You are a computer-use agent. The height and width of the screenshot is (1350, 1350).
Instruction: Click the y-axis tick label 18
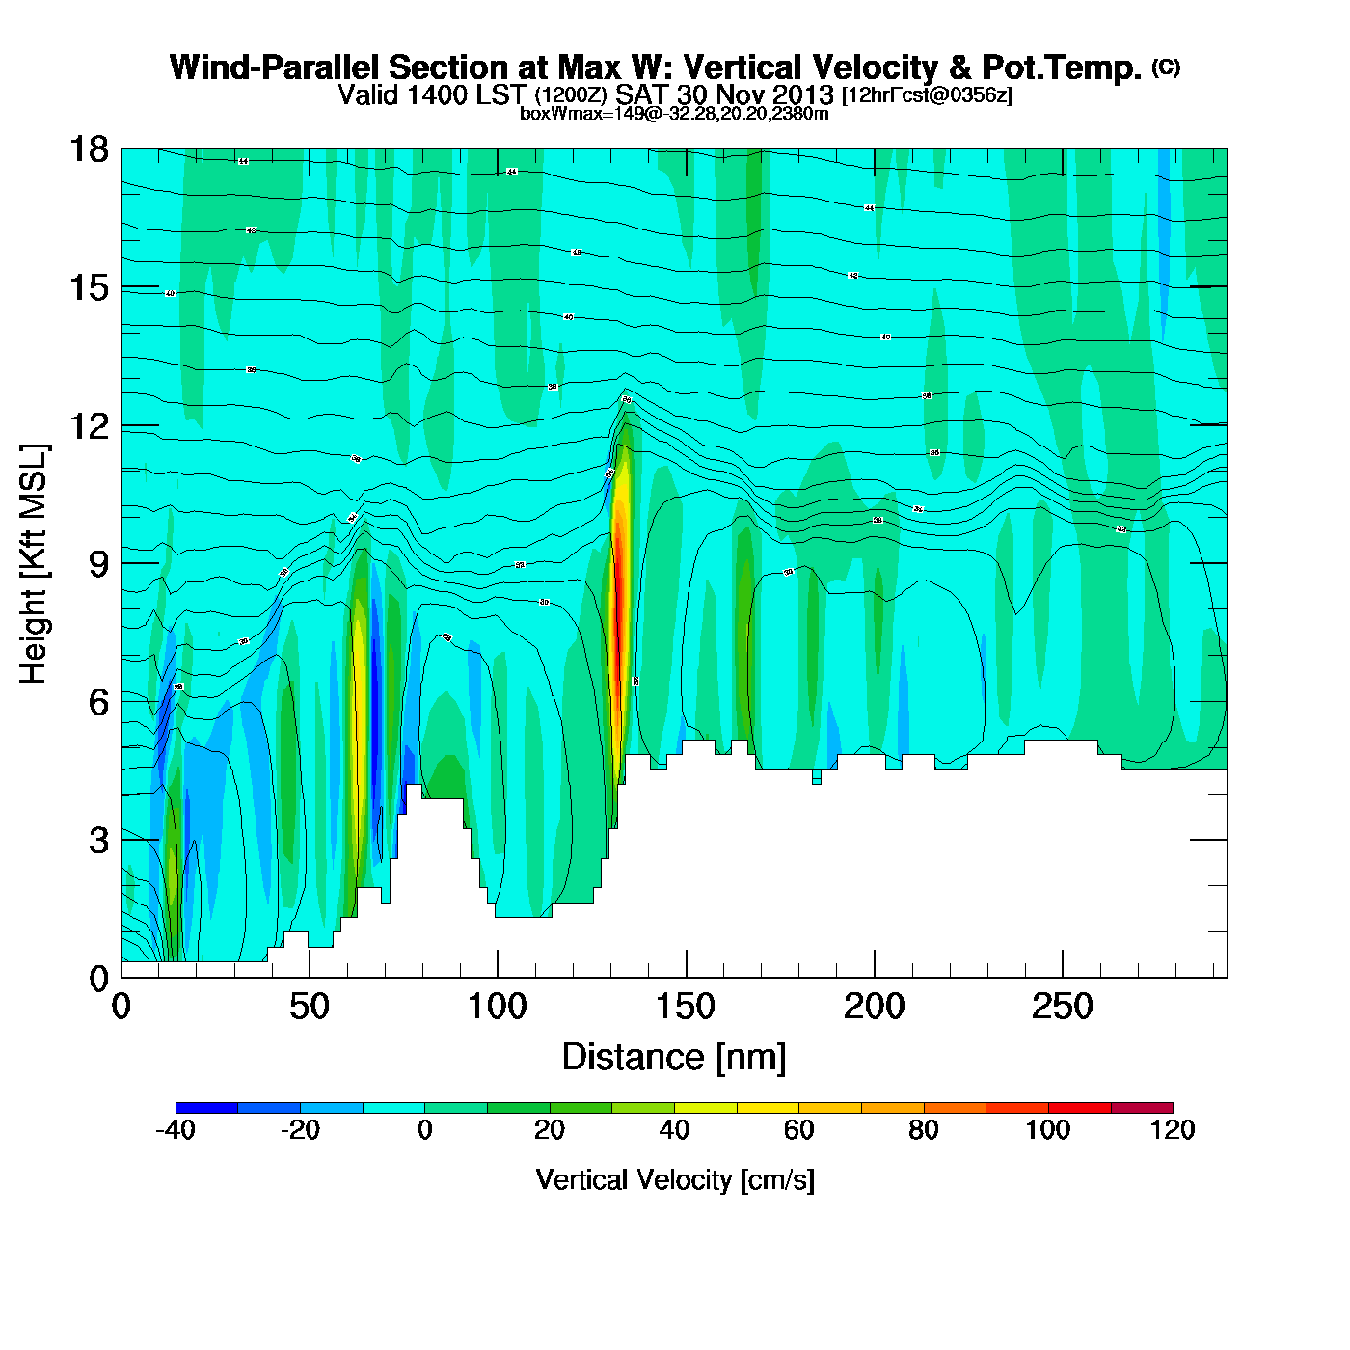point(88,149)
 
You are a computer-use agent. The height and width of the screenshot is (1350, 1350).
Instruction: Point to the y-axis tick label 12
point(88,425)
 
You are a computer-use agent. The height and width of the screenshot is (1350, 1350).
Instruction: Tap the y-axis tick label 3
point(98,840)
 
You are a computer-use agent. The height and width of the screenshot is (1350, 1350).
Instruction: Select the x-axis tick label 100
point(498,1008)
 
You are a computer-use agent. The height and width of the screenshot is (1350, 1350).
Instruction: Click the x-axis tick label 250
point(1062,1008)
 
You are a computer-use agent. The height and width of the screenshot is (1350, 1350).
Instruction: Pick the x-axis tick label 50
point(309,1008)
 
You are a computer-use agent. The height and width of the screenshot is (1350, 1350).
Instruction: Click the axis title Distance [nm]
point(674,1058)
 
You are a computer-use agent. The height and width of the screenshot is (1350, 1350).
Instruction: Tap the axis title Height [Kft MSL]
point(35,564)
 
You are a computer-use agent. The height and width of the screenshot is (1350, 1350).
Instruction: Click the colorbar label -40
point(175,1130)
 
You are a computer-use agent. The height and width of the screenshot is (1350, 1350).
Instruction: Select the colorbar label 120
point(1173,1130)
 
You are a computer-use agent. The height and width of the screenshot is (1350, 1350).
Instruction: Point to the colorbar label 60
point(798,1130)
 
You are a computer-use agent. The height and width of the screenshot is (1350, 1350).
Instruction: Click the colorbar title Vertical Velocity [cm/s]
point(675,1180)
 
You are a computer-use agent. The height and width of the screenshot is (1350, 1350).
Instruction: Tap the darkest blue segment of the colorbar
point(206,1108)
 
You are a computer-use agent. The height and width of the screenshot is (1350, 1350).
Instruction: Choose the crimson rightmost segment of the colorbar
point(1142,1108)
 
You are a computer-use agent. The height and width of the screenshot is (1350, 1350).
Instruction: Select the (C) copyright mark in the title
point(1166,67)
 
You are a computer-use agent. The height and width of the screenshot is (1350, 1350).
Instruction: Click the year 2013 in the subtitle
point(802,95)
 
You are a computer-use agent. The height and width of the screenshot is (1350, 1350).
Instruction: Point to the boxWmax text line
point(674,114)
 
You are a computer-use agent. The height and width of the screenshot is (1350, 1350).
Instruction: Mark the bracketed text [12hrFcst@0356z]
point(927,96)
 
